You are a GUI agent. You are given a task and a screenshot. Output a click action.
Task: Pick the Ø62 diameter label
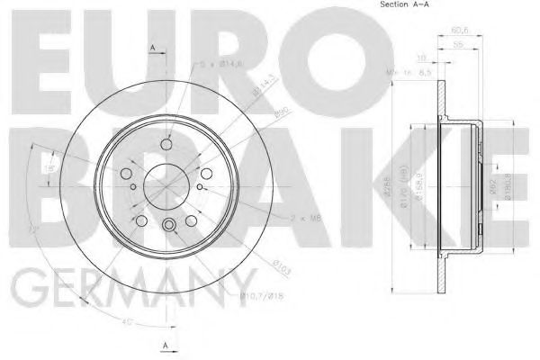pos(481,186)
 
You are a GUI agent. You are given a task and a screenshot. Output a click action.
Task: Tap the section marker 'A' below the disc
pos(164,346)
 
